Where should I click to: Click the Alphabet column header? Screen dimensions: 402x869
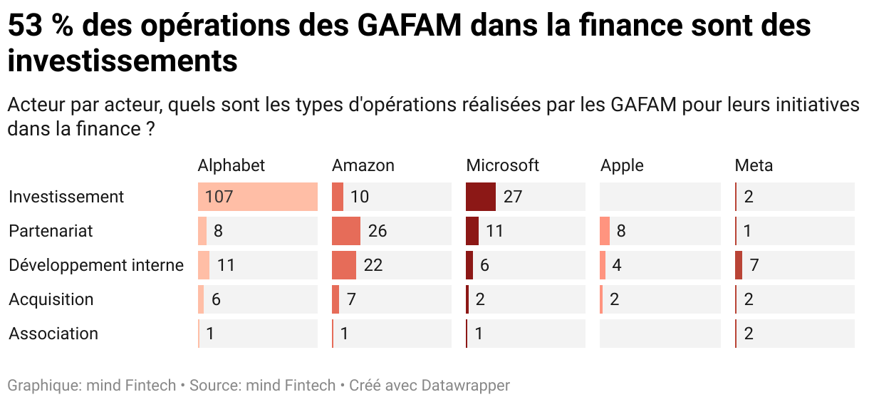[x=231, y=165]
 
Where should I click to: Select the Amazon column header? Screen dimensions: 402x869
[x=363, y=165]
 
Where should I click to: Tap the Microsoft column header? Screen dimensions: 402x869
[x=502, y=165]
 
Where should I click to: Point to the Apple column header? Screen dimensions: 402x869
[x=621, y=165]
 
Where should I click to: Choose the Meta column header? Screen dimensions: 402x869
[x=754, y=165]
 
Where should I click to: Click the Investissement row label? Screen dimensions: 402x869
[x=66, y=197]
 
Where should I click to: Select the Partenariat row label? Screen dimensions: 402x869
[x=51, y=231]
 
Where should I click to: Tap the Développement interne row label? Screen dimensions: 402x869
[x=96, y=265]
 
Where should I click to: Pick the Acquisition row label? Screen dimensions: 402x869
[x=51, y=299]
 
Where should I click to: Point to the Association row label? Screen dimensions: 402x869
[x=53, y=334]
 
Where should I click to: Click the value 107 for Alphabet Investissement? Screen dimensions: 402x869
[x=219, y=197]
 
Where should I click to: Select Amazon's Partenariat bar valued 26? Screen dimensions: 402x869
[x=346, y=231]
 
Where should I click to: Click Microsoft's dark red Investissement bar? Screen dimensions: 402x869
[x=481, y=197]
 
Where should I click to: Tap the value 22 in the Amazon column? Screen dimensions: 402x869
[x=373, y=265]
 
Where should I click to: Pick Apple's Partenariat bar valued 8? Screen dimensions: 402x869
[x=605, y=231]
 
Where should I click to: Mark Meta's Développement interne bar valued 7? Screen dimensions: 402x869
[x=739, y=265]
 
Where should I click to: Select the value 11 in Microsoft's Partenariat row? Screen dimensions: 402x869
[x=494, y=231]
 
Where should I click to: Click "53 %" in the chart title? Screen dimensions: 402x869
[x=38, y=26]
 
